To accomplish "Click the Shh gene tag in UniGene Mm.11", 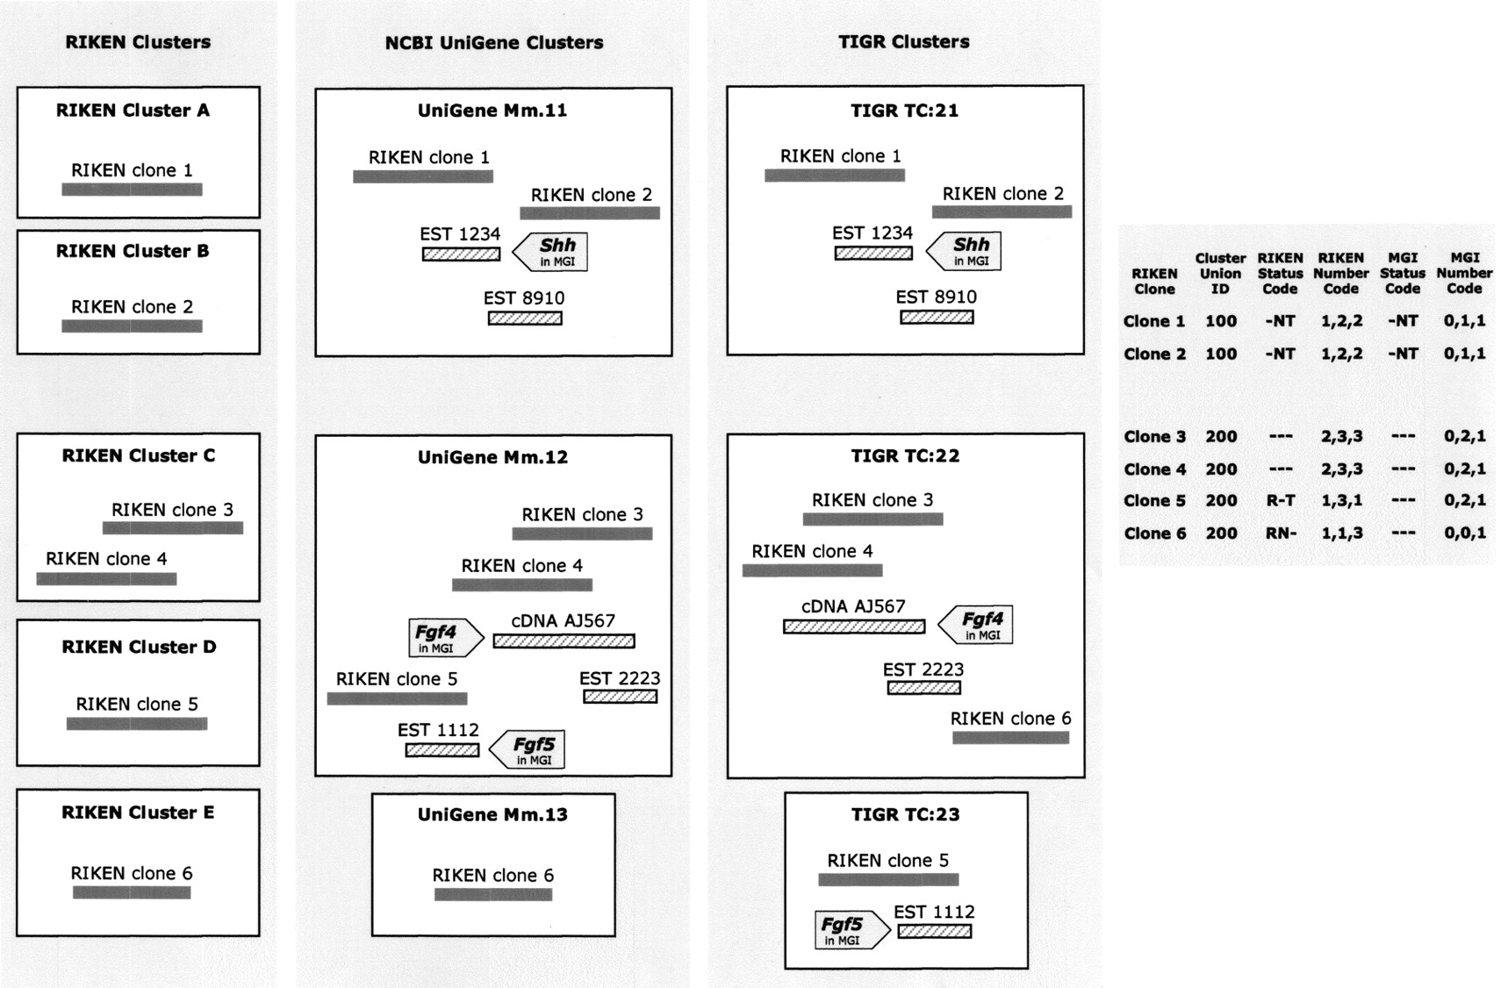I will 551,252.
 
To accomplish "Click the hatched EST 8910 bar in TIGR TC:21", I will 937,317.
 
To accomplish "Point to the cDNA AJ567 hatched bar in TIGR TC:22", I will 853,626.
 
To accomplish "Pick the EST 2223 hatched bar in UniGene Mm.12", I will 620,697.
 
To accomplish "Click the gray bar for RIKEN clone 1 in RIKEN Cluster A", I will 132,190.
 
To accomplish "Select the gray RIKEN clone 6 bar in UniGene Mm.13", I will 493,895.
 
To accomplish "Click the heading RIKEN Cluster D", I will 139,648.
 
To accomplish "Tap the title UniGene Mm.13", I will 492,815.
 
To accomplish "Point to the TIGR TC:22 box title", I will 905,456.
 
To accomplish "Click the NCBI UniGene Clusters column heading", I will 494,43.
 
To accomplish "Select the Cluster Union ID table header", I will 1220,273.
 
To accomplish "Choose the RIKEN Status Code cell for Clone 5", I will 1280,501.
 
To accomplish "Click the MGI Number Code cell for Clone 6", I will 1464,533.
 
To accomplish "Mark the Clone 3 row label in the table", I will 1154,437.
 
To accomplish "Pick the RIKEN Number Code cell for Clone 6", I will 1341,533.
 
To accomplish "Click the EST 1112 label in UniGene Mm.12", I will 438,730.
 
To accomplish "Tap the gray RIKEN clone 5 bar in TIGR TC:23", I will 888,879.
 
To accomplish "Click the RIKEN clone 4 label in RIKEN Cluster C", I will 106,559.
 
